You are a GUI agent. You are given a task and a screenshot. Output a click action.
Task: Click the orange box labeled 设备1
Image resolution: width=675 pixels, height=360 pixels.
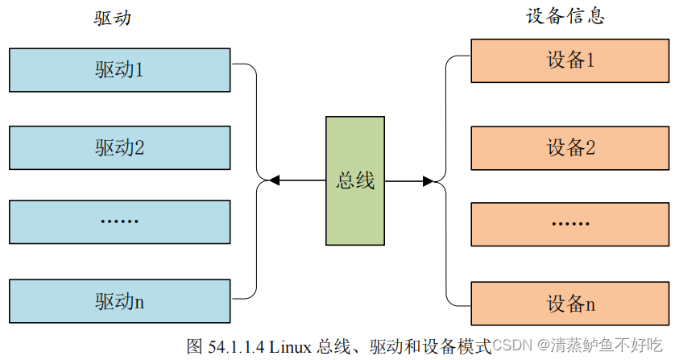click(x=570, y=60)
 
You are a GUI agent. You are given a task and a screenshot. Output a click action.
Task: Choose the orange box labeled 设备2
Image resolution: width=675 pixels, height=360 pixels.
click(x=570, y=147)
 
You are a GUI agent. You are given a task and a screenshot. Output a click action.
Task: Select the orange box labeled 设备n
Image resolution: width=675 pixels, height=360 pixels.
click(x=570, y=304)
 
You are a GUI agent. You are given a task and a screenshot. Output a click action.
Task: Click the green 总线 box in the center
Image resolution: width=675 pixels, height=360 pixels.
click(x=355, y=180)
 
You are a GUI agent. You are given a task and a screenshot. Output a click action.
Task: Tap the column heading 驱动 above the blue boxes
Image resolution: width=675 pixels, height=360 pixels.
click(x=112, y=19)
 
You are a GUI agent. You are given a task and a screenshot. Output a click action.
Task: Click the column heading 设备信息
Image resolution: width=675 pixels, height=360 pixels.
click(x=565, y=17)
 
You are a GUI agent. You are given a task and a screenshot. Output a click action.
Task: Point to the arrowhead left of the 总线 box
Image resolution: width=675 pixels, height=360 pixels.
click(x=275, y=180)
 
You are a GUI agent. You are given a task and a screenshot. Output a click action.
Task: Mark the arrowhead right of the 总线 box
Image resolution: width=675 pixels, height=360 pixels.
click(x=428, y=180)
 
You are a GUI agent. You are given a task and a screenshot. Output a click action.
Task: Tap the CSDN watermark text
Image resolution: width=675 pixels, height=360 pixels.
click(x=508, y=346)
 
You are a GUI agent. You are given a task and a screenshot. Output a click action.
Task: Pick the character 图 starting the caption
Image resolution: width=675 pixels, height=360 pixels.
click(x=194, y=347)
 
